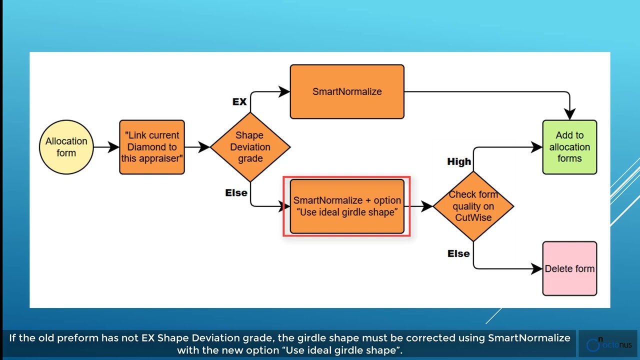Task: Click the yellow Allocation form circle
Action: [66, 147]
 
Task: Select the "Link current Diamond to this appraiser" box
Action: [152, 147]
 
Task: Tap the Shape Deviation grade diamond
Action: [250, 147]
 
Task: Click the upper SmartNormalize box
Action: [347, 91]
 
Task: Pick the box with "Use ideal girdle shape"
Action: [347, 206]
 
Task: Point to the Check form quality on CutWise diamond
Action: [473, 206]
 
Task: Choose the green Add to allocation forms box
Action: [569, 147]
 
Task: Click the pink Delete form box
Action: [569, 268]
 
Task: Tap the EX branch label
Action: [239, 102]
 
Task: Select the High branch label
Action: [459, 161]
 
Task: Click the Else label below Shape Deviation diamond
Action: [236, 192]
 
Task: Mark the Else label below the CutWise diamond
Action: [458, 253]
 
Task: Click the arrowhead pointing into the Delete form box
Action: [537, 268]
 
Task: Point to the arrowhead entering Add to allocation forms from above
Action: [569, 114]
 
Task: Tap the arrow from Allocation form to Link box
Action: [106, 147]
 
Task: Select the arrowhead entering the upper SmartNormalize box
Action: [284, 91]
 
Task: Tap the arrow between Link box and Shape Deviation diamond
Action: [197, 147]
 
